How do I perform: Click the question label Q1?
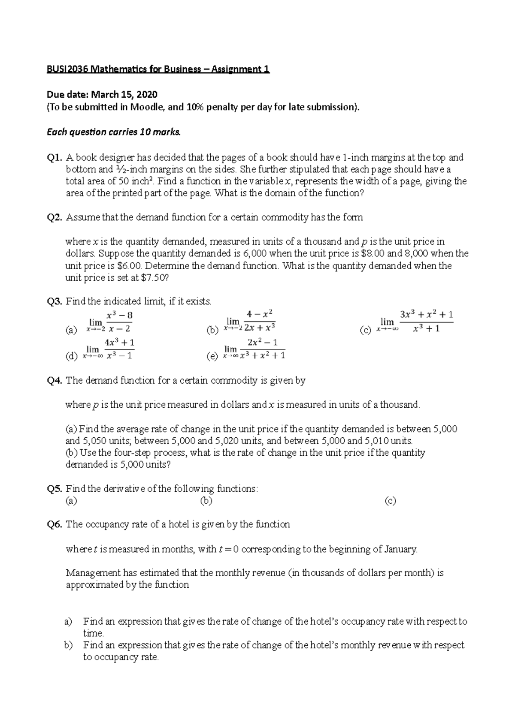[55, 158]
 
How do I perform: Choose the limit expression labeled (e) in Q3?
[255, 349]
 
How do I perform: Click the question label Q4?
[55, 381]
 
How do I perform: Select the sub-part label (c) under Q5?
[390, 501]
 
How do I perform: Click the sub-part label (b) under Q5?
[206, 501]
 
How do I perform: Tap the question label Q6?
[55, 525]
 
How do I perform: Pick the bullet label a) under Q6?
[68, 621]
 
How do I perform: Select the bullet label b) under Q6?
[68, 645]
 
